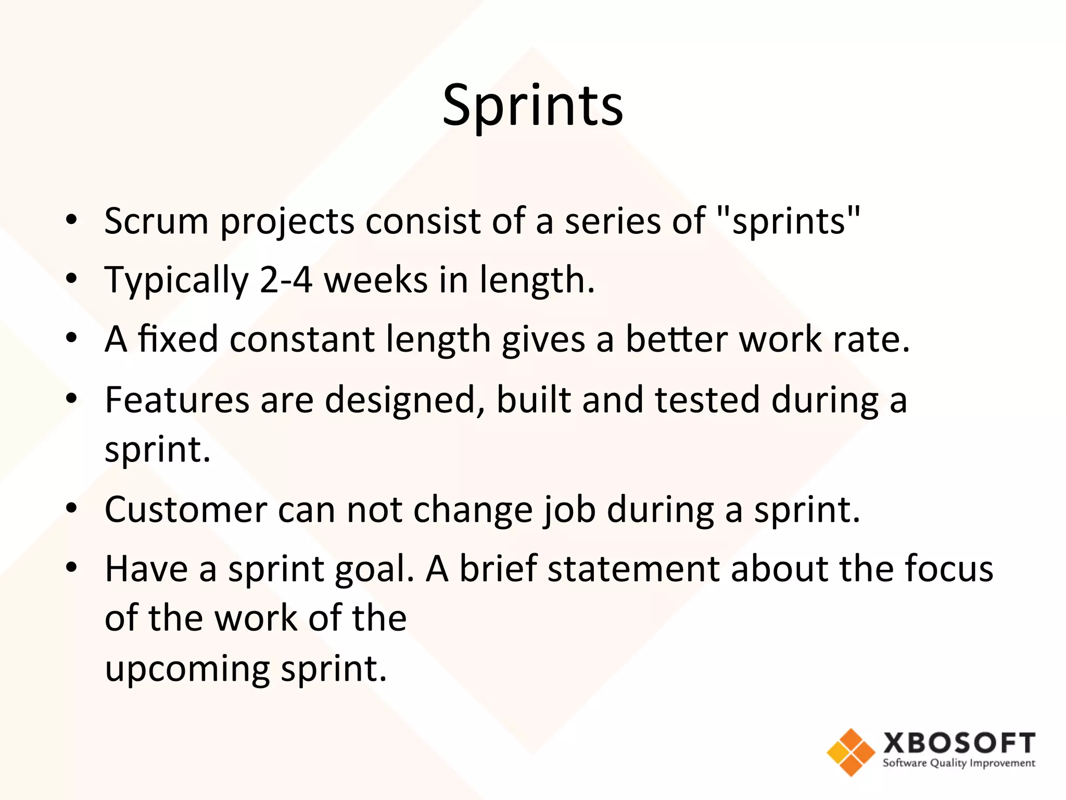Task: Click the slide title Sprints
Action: [532, 107]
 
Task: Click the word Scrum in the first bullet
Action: [157, 221]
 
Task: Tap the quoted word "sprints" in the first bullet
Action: [788, 221]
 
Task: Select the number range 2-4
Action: [286, 280]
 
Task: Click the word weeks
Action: [375, 280]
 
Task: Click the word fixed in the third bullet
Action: [178, 339]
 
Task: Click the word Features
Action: [177, 400]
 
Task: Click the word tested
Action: [707, 400]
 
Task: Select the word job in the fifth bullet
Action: [569, 510]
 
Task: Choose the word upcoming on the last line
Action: [187, 669]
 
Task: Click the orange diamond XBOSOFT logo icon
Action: [851, 752]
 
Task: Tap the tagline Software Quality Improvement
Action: [959, 763]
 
